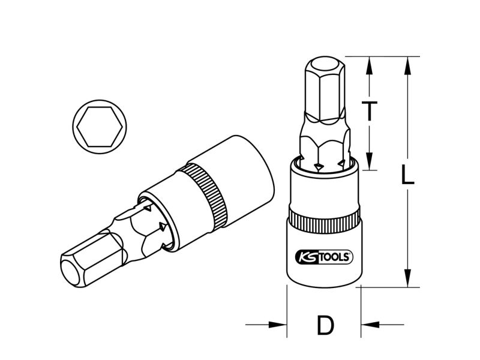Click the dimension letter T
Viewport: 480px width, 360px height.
(370, 110)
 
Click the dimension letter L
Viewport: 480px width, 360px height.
(407, 175)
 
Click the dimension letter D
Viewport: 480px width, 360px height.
(325, 325)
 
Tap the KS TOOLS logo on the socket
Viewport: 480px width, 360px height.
(324, 257)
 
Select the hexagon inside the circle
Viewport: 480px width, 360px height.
(100, 127)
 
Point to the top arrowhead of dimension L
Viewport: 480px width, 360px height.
(407, 65)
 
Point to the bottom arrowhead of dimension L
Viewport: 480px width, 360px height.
(407, 278)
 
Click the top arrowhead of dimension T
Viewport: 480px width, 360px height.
(370, 65)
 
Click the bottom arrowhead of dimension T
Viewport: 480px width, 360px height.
(370, 161)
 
